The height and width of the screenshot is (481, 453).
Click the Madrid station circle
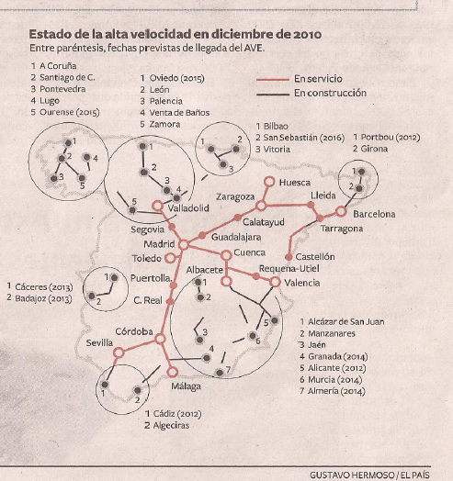point(184,245)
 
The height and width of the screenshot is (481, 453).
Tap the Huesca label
point(295,183)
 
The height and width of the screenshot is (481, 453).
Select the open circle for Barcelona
point(341,211)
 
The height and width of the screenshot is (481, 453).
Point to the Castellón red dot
point(289,257)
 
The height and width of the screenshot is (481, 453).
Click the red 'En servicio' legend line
point(273,80)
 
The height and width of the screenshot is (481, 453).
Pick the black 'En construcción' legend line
point(273,95)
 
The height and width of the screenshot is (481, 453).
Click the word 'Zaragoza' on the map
point(235,197)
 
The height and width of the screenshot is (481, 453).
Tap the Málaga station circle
point(173,372)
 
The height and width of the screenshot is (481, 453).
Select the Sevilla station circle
point(119,352)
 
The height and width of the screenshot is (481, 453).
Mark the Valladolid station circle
point(158,206)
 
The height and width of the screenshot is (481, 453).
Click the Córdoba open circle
point(160,339)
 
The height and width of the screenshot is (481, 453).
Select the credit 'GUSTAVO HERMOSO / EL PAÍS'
point(369,475)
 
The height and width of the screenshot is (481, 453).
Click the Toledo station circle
point(170,258)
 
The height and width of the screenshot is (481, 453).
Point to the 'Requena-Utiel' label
point(289,269)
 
